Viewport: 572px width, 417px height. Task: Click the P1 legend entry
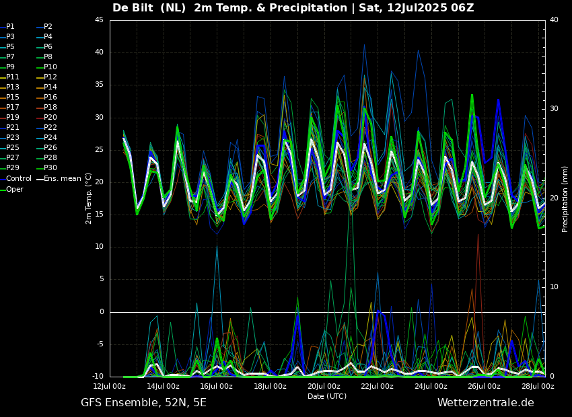point(10,27)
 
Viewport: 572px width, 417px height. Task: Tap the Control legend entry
point(19,178)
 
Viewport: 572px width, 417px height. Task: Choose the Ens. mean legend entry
point(63,178)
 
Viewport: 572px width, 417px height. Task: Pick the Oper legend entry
point(15,189)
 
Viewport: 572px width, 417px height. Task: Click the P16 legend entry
point(50,98)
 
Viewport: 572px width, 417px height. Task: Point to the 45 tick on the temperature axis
point(99,20)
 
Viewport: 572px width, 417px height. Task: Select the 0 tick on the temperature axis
point(101,312)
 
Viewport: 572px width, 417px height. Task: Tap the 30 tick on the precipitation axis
point(553,109)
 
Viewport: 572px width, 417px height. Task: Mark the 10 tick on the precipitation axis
point(553,287)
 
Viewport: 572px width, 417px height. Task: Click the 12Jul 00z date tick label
point(109,387)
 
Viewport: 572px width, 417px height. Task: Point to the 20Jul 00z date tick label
point(324,387)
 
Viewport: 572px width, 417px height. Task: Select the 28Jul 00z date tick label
point(538,387)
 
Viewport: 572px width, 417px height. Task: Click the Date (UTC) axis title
point(327,397)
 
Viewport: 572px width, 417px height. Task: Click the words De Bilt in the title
point(135,8)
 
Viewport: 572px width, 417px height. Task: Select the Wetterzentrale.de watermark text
point(485,403)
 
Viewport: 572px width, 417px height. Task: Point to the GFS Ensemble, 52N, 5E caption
point(143,403)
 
